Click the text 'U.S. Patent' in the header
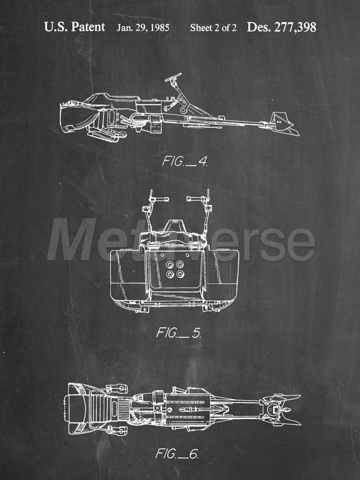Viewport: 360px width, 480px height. pos(75,27)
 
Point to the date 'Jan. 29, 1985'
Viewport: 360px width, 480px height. pos(143,28)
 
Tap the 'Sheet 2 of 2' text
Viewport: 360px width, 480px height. pos(213,28)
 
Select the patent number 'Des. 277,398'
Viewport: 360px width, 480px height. pos(281,27)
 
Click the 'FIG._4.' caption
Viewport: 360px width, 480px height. pos(185,161)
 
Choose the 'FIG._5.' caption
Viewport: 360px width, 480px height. pos(179,332)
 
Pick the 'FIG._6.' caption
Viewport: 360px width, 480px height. pos(177,453)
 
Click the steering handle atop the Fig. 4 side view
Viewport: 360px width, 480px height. pos(173,77)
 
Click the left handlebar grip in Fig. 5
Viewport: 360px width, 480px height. pos(163,199)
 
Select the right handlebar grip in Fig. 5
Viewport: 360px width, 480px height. pos(193,199)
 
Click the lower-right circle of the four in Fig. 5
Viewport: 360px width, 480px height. pos(180,274)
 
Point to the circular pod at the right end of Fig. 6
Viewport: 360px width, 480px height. pos(274,410)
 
